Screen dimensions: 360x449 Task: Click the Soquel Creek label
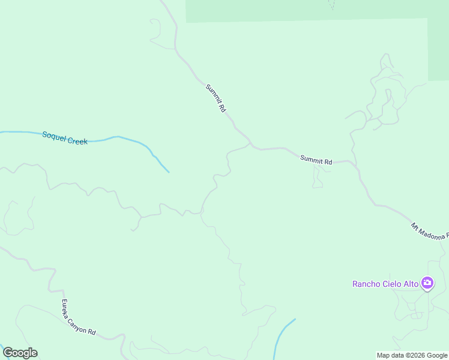coord(65,138)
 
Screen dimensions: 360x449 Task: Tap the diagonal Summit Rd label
coord(215,98)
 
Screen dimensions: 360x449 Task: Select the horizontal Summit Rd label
coord(316,160)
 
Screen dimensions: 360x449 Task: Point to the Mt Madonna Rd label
coord(430,232)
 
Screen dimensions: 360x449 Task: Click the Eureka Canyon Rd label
coord(79,317)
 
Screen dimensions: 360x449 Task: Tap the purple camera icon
coord(427,283)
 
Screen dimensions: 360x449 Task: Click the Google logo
coord(20,353)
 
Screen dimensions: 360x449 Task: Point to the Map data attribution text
coord(412,355)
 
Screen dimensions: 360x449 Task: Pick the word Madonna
coord(433,233)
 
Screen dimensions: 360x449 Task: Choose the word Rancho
coord(366,284)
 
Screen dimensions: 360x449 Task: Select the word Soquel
coord(53,136)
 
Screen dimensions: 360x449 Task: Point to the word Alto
coord(411,284)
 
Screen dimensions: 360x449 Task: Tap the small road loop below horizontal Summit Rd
coord(318,176)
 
